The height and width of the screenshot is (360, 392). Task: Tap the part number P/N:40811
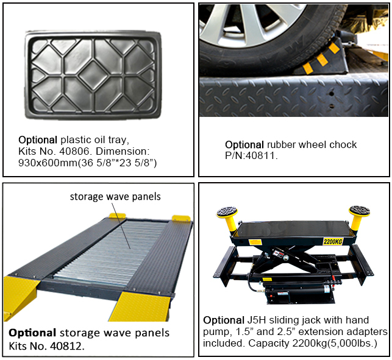coord(251,156)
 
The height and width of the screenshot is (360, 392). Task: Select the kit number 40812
coord(67,346)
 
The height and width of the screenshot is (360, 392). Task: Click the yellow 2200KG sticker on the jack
coord(333,241)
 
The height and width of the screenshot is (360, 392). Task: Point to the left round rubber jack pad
coord(227,212)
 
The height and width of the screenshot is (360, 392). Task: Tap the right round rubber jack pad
coord(360,210)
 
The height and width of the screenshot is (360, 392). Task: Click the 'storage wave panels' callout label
coord(115,197)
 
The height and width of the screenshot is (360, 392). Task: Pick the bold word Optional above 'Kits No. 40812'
coord(32,333)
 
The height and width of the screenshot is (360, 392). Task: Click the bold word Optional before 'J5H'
coord(224,320)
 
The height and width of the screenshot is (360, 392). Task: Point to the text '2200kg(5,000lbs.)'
coord(335,344)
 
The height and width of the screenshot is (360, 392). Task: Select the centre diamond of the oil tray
coord(93,75)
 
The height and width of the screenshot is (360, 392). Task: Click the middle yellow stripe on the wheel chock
coord(322,60)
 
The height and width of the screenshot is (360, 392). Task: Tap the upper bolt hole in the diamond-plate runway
coord(332,94)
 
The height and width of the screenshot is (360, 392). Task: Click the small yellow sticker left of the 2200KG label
coord(255,242)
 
